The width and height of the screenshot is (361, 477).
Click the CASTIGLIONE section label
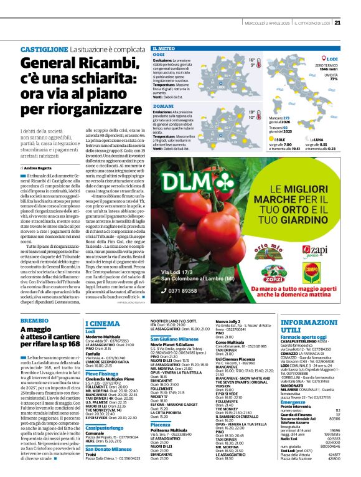pyautogui.click(x=44, y=49)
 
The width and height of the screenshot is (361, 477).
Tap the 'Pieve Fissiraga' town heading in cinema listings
pyautogui.click(x=102, y=372)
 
